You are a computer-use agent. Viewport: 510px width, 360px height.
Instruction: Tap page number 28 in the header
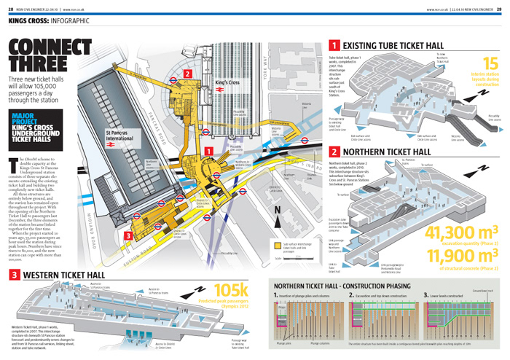(12, 8)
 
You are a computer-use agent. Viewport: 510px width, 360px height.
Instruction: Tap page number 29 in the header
(498, 8)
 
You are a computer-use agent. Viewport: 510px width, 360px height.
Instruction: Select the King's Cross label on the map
(208, 95)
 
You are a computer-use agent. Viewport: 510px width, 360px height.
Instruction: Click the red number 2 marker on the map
(187, 73)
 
